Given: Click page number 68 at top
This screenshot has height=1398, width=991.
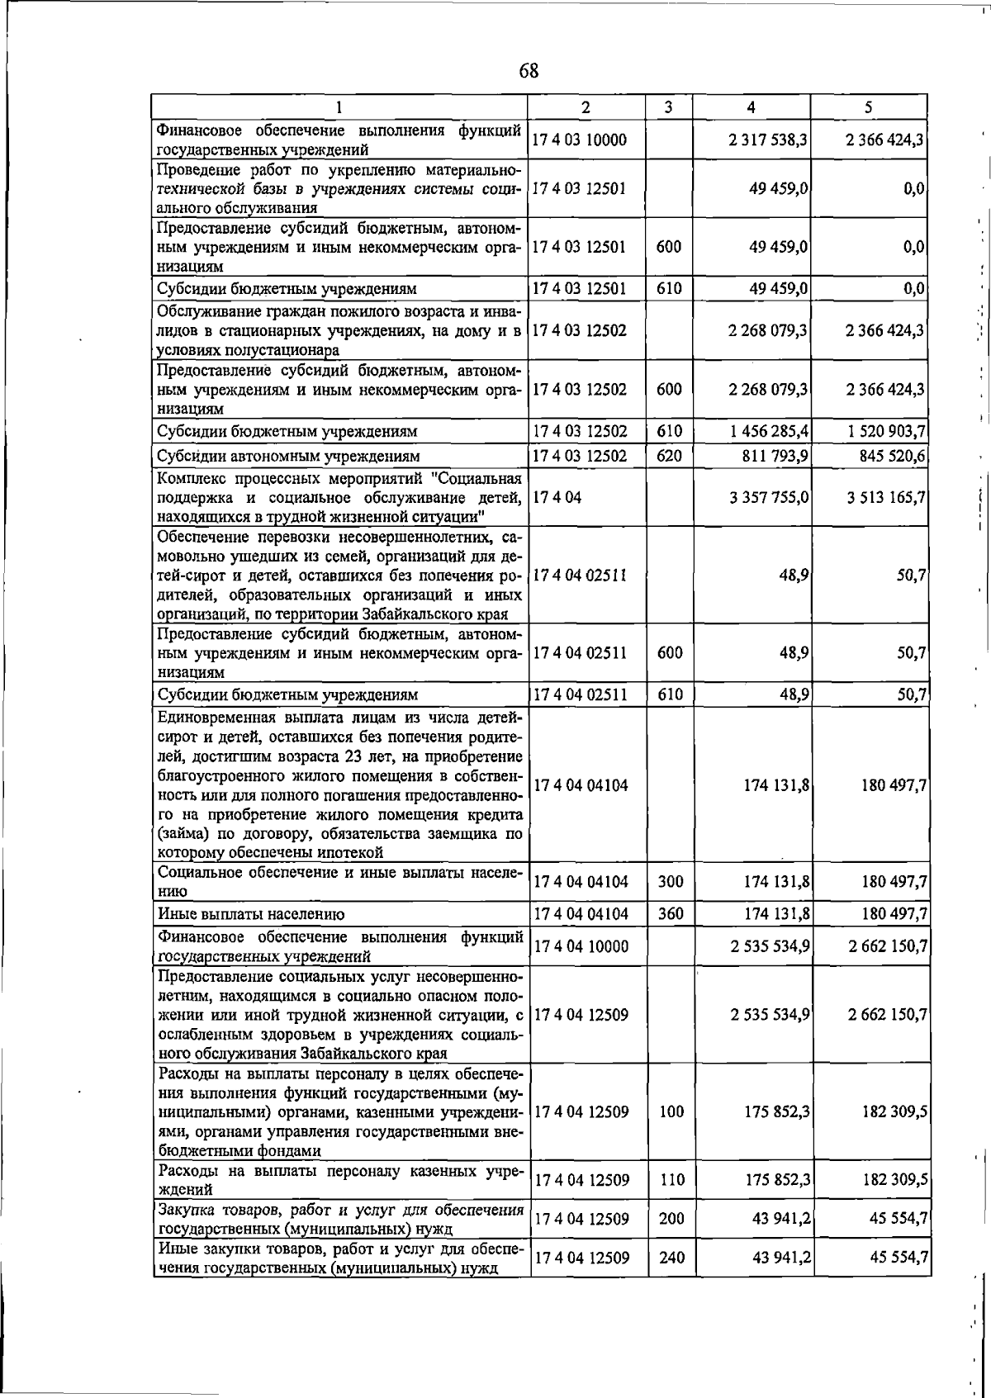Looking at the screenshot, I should click(x=529, y=72).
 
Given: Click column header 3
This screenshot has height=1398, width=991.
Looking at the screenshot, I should click(x=668, y=107).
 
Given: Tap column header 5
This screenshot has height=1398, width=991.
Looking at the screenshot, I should click(x=869, y=107).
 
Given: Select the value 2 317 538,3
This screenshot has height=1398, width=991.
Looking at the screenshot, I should click(x=767, y=140).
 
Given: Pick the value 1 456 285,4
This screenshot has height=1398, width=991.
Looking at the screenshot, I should click(x=768, y=431).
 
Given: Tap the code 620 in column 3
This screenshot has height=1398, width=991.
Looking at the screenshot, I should click(x=669, y=456).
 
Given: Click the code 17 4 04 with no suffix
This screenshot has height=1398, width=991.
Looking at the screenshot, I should click(x=557, y=498).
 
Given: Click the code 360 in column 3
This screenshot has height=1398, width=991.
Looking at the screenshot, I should click(x=671, y=914).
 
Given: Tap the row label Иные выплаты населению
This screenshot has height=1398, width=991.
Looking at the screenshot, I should click(x=251, y=914).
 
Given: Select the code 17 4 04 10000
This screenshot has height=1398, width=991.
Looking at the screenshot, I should click(x=581, y=946).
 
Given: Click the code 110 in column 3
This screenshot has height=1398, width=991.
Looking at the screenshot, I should click(x=671, y=1180).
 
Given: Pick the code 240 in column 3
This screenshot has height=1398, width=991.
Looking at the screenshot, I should click(x=671, y=1258).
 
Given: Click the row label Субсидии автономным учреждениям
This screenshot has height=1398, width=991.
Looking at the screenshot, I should click(x=288, y=456).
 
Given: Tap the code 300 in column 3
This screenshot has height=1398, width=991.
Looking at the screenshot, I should click(x=671, y=882).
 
